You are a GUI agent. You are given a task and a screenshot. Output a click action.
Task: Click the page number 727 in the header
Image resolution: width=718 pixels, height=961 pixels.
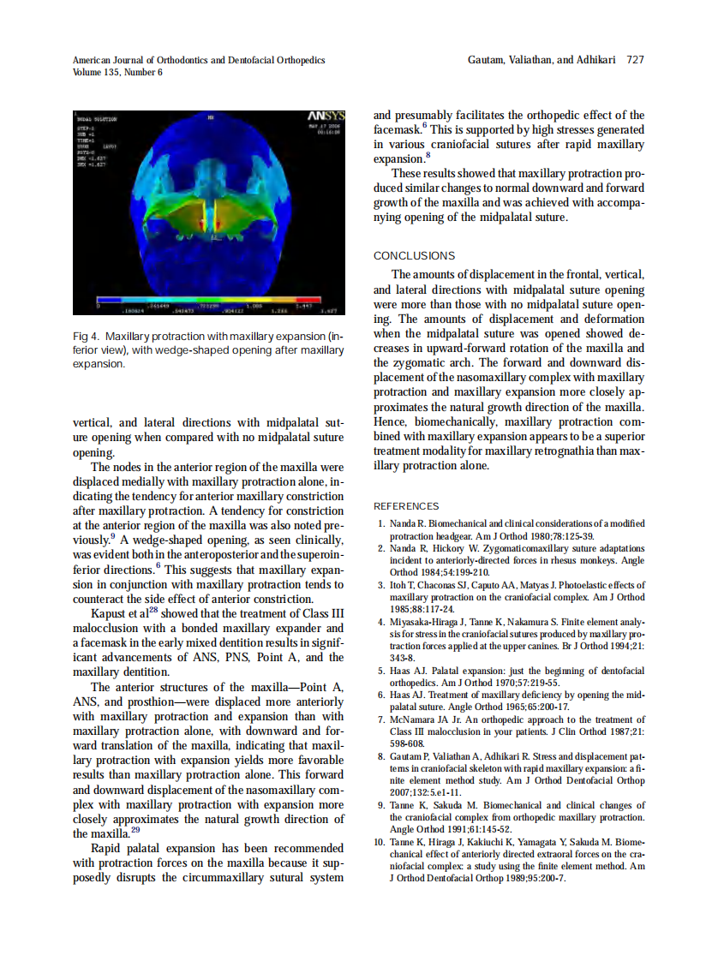[635, 60]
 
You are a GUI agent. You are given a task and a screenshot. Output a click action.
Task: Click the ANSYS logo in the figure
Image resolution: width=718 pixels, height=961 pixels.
[326, 116]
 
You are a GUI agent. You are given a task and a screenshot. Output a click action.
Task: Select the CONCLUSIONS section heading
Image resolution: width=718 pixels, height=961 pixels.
[414, 255]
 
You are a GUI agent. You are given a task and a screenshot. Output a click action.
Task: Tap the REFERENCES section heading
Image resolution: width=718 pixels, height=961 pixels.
[406, 506]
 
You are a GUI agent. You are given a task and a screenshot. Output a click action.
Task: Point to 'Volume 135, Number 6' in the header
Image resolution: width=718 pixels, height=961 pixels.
[117, 72]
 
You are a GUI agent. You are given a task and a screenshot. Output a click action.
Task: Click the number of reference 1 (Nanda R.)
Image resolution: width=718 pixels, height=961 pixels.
[381, 523]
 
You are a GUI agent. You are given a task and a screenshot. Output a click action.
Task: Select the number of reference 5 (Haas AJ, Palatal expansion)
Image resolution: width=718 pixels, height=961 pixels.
[381, 671]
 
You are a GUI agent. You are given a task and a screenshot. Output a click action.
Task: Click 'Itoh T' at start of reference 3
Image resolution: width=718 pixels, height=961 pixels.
[403, 585]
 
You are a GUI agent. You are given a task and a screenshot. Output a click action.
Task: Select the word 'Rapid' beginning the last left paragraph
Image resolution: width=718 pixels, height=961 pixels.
[109, 848]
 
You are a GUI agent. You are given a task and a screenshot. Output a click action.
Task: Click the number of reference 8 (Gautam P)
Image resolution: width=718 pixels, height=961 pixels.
[381, 756]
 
